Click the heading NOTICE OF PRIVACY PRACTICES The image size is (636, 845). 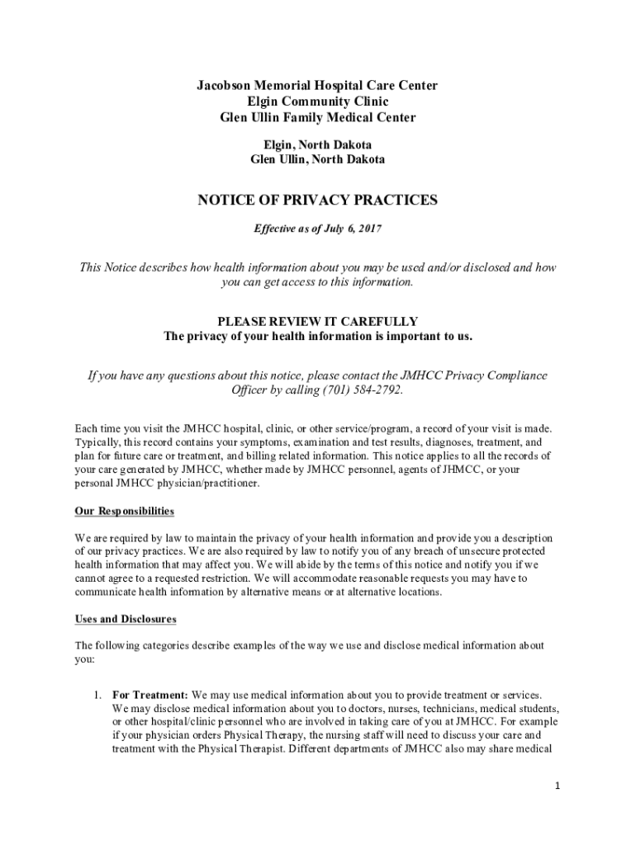tap(317, 201)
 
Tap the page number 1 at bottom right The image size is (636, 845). tap(558, 786)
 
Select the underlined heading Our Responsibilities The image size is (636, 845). tap(125, 512)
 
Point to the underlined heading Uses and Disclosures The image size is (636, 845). tap(126, 619)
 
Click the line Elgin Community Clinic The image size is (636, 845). tap(317, 101)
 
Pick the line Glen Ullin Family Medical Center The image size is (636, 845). tap(317, 117)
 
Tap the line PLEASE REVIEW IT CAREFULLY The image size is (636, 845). tap(317, 321)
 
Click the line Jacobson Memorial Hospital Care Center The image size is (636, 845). tap(317, 86)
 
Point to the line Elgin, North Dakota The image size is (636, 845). tap(317, 144)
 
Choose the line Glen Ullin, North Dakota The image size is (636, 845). tap(317, 159)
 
